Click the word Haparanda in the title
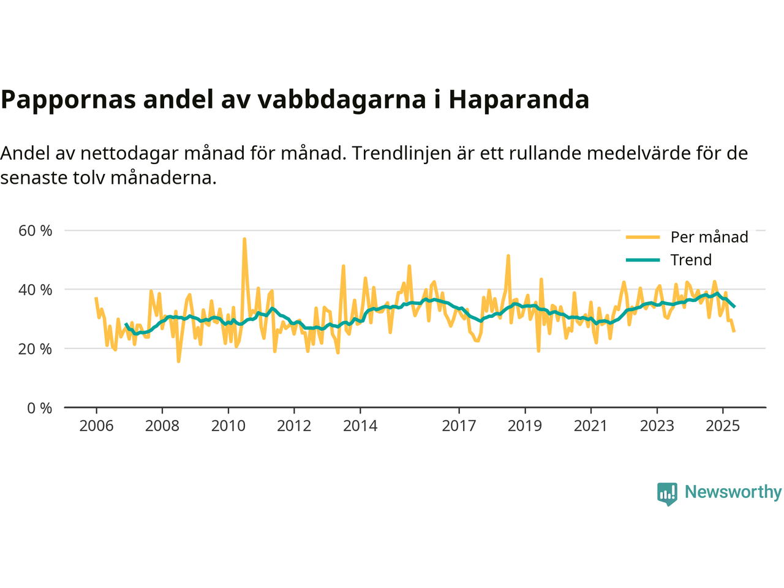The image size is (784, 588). [519, 99]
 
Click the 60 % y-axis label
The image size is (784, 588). [36, 231]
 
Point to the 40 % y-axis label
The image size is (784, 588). [36, 290]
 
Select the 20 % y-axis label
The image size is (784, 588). [36, 349]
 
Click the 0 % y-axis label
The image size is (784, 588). [39, 408]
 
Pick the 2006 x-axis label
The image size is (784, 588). [96, 426]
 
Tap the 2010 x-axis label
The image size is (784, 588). [228, 426]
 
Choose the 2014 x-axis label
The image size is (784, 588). [360, 426]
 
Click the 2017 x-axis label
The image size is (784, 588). [459, 426]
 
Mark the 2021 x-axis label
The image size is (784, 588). [590, 426]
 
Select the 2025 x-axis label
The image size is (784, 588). [723, 426]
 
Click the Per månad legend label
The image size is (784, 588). [709, 237]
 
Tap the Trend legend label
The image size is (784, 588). [691, 260]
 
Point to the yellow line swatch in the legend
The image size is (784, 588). [643, 237]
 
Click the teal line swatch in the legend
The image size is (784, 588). [643, 260]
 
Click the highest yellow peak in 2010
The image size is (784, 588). [244, 239]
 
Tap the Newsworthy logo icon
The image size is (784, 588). [667, 493]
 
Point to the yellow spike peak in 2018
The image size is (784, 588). [508, 255]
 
